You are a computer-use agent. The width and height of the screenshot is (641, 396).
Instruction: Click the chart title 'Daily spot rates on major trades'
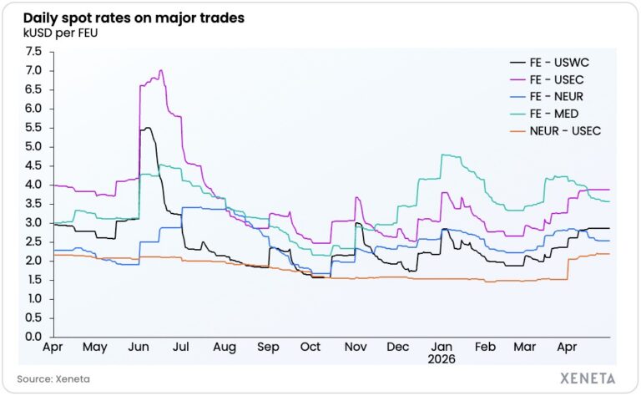pos(134,18)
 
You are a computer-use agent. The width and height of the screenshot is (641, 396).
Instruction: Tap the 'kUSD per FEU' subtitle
pos(60,33)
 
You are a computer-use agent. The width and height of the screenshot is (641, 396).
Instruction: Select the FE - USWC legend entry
pos(550,63)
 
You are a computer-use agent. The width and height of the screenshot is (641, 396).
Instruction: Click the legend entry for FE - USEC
pos(547,79)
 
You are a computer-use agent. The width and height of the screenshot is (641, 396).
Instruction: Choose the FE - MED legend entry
pos(544,114)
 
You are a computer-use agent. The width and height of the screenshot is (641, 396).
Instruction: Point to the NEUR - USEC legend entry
pos(556,131)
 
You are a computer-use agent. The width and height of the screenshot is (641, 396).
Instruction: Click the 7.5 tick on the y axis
pos(33,52)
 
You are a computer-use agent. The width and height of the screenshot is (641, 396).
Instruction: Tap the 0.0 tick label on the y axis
pos(33,337)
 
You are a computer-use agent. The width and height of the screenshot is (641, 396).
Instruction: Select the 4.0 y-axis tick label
pos(33,185)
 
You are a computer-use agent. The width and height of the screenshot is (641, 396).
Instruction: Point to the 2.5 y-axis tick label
pos(33,241)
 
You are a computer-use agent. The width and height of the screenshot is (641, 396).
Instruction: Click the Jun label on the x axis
pos(139,348)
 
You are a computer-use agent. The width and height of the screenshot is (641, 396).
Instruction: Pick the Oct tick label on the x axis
pos(310,347)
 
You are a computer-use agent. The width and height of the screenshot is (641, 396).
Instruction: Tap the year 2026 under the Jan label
pos(442,359)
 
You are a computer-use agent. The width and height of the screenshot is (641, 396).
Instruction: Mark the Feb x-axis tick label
pos(485,347)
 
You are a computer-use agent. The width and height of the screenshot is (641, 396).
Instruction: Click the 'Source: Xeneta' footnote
pos(53,378)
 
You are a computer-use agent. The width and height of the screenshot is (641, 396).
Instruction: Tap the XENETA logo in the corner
pos(588,378)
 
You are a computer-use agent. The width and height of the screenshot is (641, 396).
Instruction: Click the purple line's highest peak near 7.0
pos(160,70)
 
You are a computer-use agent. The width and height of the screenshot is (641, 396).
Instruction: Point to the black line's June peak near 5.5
pos(148,128)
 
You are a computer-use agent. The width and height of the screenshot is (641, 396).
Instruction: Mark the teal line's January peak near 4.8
pos(443,155)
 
